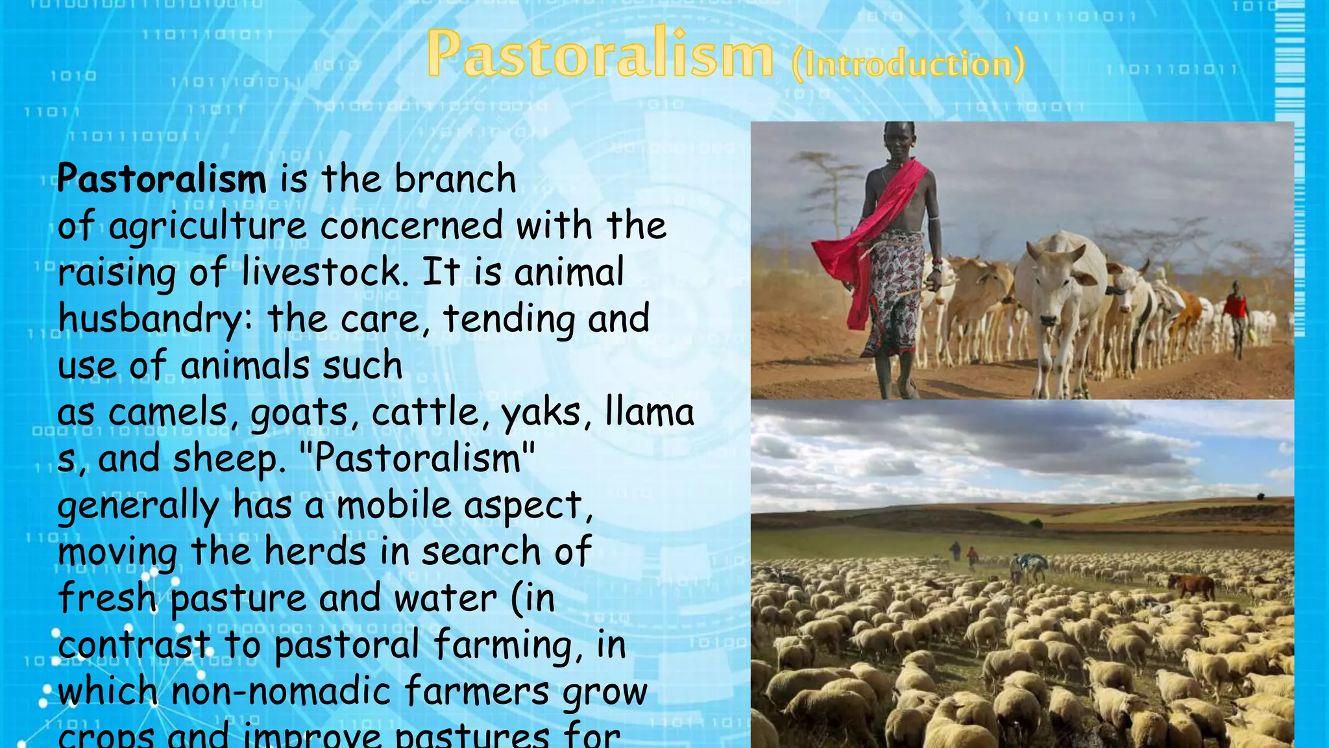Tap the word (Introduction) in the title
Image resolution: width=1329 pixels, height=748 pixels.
(908, 64)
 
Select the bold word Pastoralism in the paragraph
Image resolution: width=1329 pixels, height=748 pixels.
(162, 179)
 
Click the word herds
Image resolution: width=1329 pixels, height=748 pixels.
(315, 553)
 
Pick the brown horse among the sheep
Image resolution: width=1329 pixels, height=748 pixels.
(1193, 584)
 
